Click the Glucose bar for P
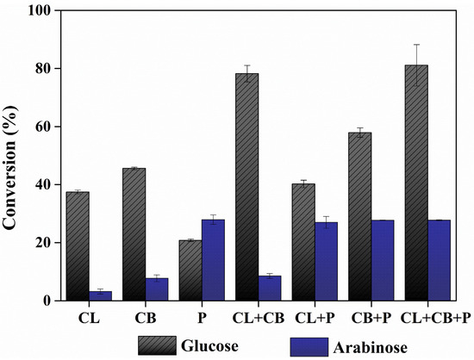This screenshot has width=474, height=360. click(x=190, y=270)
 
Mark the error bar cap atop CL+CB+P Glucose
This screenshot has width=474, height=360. click(x=416, y=45)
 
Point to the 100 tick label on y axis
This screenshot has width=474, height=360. click(x=38, y=10)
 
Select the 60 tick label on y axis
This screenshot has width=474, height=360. click(x=41, y=127)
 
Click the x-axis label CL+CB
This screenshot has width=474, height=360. click(x=258, y=317)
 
